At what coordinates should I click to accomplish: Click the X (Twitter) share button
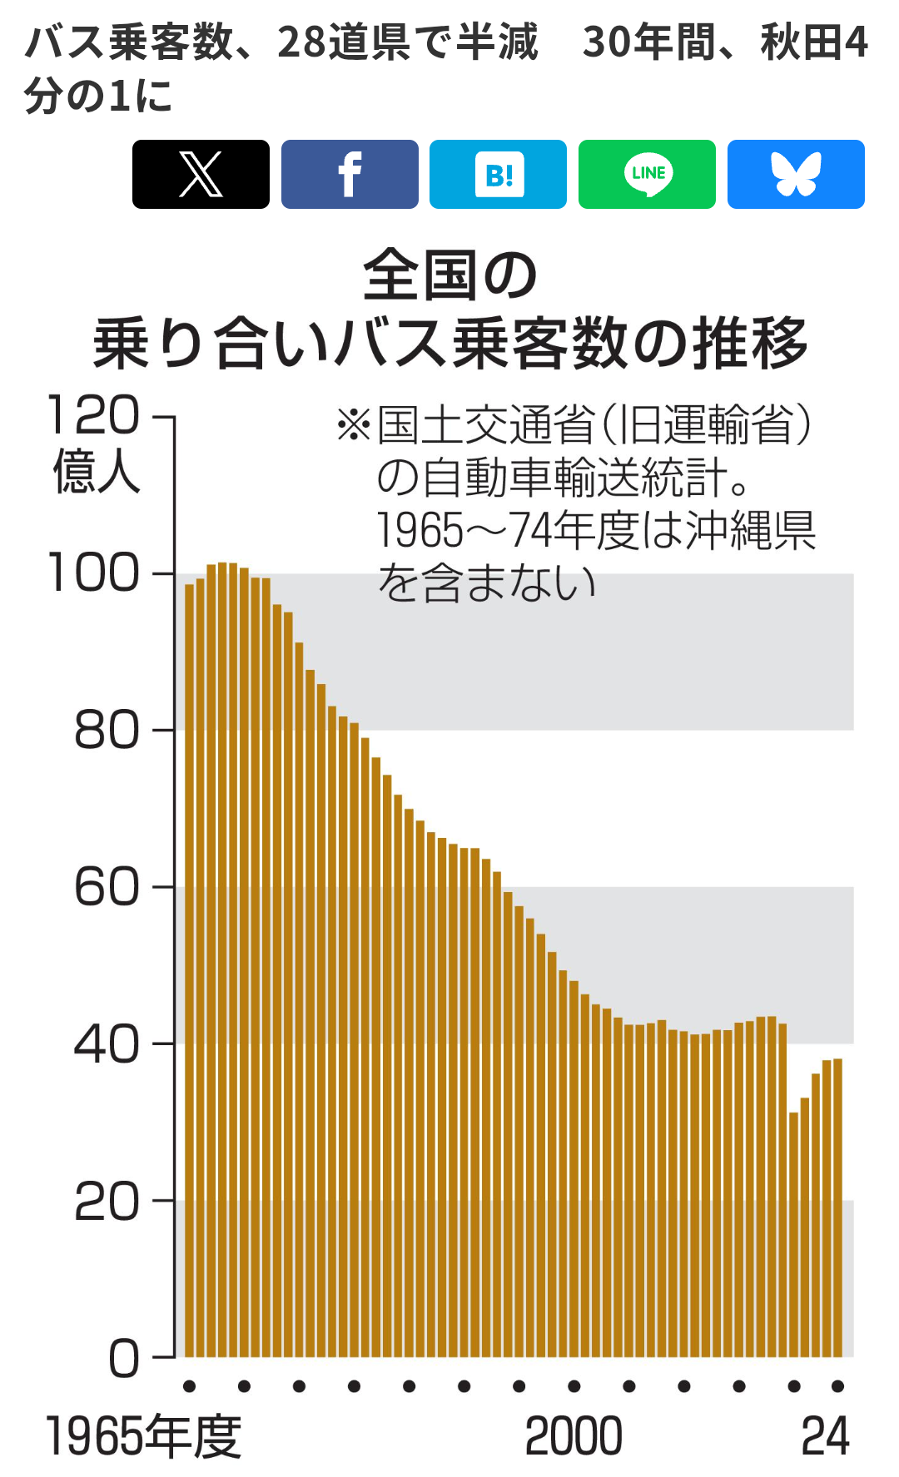click(x=201, y=174)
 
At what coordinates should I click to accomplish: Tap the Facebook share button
click(x=350, y=174)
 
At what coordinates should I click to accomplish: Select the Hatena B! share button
click(x=498, y=174)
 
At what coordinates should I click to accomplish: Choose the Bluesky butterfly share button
click(x=796, y=174)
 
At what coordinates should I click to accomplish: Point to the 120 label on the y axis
click(x=93, y=415)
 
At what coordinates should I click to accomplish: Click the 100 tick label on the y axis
click(x=93, y=573)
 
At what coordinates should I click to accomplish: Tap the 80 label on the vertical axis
click(x=106, y=731)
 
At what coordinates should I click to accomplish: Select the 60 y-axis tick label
click(x=106, y=887)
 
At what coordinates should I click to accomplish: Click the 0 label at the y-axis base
click(x=124, y=1357)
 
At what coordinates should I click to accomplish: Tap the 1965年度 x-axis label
click(x=143, y=1437)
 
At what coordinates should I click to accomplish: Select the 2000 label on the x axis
click(x=574, y=1437)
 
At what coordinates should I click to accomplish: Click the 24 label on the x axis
click(x=825, y=1437)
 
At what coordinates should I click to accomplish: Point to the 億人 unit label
click(x=97, y=471)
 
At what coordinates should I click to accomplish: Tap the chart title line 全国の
click(x=450, y=276)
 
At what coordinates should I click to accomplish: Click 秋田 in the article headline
click(x=791, y=42)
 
